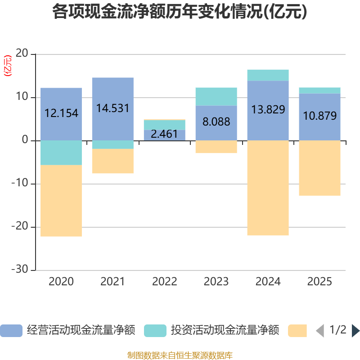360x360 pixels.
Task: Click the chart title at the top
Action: tap(180, 12)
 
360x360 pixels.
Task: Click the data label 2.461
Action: tap(164, 134)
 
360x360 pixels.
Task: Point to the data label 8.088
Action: tap(216, 121)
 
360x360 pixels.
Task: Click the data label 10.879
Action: tap(320, 116)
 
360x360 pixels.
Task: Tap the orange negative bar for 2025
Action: tap(320, 168)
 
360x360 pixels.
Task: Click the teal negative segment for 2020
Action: tap(61, 153)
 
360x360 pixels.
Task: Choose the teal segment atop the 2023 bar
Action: tap(216, 96)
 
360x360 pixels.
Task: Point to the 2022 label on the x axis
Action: tap(164, 282)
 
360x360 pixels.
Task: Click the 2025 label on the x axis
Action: tap(320, 282)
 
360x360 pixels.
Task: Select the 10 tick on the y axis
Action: tap(23, 98)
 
